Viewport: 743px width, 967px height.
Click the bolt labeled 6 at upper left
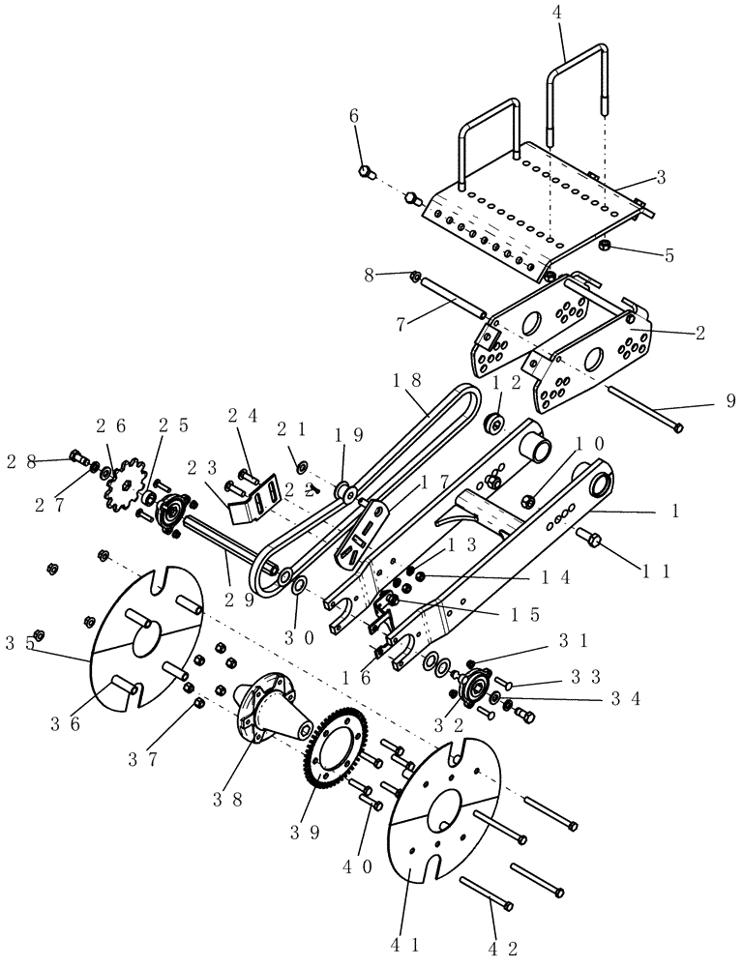coord(366,172)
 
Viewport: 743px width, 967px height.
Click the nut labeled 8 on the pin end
coord(414,276)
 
